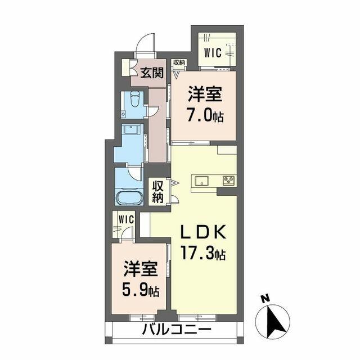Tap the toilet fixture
coord(134,103)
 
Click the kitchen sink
coord(202,181)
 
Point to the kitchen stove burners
coord(228,181)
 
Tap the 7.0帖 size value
coord(204,116)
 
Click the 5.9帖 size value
coord(141,291)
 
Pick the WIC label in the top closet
coord(212,53)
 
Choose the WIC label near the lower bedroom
coord(125,218)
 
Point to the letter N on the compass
coord(266,299)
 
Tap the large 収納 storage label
coord(157,191)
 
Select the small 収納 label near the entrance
coord(179,62)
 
